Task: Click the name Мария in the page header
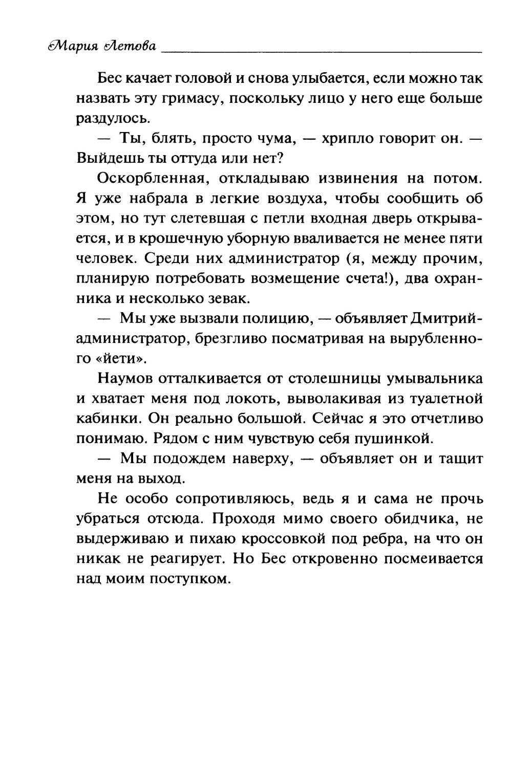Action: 72,47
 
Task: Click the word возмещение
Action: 315,278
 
